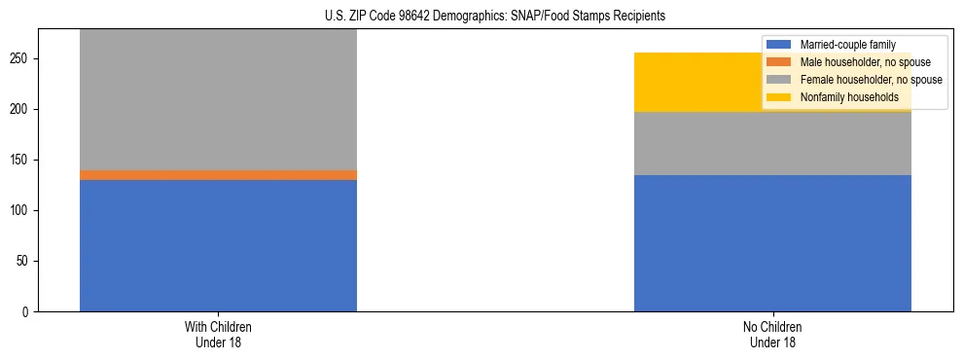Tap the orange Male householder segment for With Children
(218, 175)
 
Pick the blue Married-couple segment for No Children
(772, 243)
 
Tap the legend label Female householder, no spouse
(871, 80)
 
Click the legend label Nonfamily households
(849, 97)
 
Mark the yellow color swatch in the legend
(779, 97)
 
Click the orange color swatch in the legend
(779, 62)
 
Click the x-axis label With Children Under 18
(218, 334)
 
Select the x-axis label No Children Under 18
(772, 334)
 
